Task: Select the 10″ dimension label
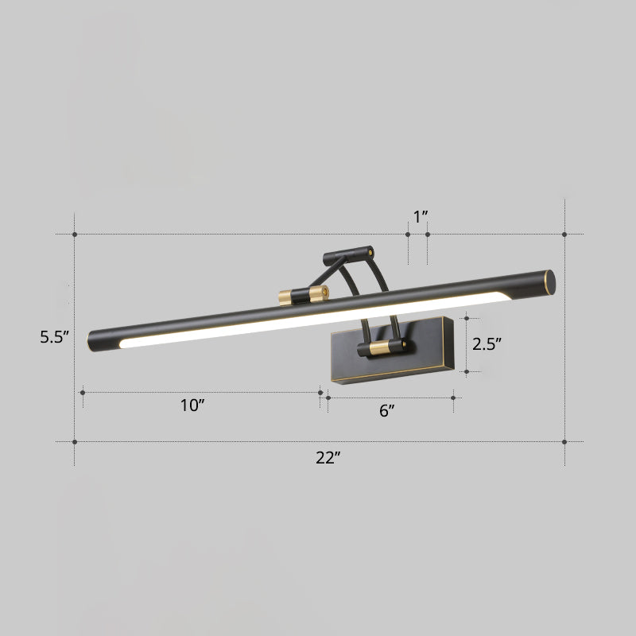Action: [x=192, y=405]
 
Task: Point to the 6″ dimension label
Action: [x=387, y=411]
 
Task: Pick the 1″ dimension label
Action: [x=421, y=215]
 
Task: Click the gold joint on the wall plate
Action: [x=380, y=347]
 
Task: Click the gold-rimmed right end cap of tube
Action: [x=547, y=280]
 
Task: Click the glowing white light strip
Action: [x=318, y=316]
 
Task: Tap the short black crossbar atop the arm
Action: [x=347, y=254]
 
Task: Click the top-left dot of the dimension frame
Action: [x=75, y=235]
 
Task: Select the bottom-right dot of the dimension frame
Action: [x=564, y=441]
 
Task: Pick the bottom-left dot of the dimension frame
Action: [x=75, y=441]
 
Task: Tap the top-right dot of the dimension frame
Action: [x=564, y=235]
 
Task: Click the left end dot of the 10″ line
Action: [x=83, y=392]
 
